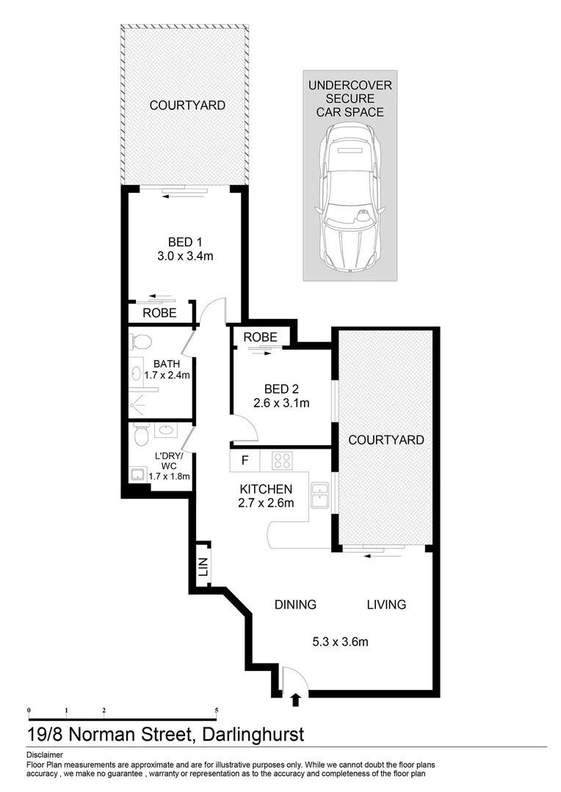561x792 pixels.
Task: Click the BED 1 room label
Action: pyautogui.click(x=185, y=242)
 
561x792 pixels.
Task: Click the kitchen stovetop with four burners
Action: pyautogui.click(x=283, y=461)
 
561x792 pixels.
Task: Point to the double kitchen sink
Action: pyautogui.click(x=319, y=495)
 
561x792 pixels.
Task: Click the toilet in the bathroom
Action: pyautogui.click(x=140, y=342)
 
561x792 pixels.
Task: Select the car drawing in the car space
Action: pyautogui.click(x=350, y=197)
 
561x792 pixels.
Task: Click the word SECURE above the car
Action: pyautogui.click(x=350, y=99)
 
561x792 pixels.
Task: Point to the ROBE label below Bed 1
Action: pyautogui.click(x=159, y=312)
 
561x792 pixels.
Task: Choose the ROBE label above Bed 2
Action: pyautogui.click(x=261, y=337)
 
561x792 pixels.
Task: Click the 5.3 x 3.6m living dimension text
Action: pyautogui.click(x=339, y=642)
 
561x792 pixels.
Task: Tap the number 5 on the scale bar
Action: pyautogui.click(x=217, y=711)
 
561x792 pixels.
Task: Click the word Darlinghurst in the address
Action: pyautogui.click(x=250, y=734)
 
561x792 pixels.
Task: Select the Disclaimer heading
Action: pyautogui.click(x=44, y=755)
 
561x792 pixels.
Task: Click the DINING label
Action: pyautogui.click(x=295, y=605)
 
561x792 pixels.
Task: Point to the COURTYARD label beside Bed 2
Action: pyautogui.click(x=386, y=440)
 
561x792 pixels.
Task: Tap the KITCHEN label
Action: pyautogui.click(x=266, y=489)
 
